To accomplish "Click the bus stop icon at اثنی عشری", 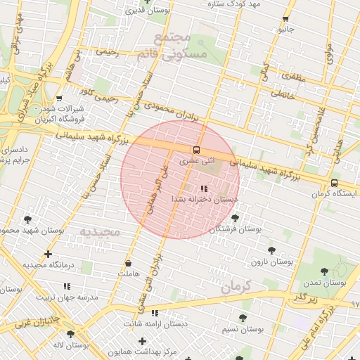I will (196, 149).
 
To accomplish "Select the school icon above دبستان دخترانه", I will (204, 188).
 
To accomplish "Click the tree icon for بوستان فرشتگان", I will (235, 218).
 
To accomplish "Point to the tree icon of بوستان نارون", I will (271, 250).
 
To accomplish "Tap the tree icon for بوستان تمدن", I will (324, 271).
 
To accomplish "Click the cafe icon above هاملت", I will (128, 263).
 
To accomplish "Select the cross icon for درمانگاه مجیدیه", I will (48, 254).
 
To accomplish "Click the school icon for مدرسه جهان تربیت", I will (67, 286).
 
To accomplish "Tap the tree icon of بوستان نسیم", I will (243, 318).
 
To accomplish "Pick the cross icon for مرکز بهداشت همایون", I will (142, 341).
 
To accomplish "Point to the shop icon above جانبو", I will (285, 19).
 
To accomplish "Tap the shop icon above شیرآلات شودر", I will (59, 98).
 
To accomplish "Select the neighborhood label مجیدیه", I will (99, 231).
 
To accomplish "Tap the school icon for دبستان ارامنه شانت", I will (155, 313).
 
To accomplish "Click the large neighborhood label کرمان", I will (240, 286).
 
